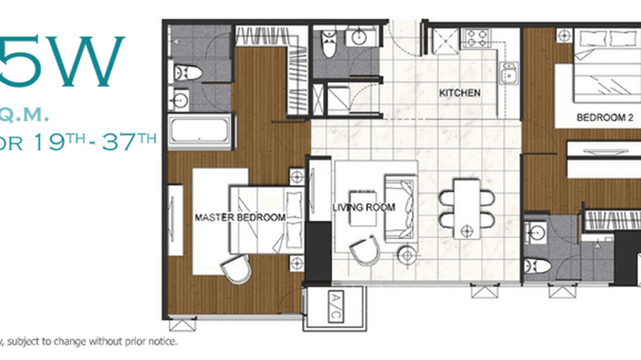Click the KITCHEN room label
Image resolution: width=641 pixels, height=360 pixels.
[459, 93]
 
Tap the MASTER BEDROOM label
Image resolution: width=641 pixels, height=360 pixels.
[240, 217]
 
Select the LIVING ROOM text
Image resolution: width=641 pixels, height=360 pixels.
[363, 207]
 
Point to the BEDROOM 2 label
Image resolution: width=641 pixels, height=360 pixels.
[601, 117]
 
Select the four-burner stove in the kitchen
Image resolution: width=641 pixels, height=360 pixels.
[478, 38]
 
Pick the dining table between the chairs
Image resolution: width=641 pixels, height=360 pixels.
[467, 209]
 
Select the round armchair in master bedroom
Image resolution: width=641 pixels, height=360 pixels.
[236, 269]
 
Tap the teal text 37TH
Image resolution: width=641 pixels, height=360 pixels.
[129, 142]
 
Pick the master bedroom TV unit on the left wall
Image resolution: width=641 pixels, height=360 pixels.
[175, 220]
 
